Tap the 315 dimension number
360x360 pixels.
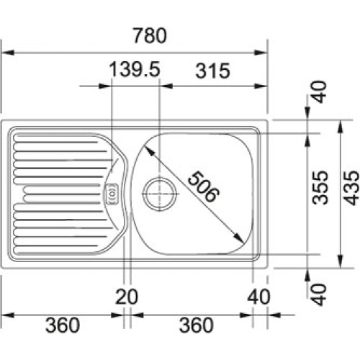point(211,70)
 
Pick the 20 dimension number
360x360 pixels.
point(127,295)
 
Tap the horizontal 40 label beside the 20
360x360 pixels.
point(257,295)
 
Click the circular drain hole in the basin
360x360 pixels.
point(158,193)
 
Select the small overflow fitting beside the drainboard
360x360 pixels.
point(112,193)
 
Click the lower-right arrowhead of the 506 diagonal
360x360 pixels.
point(240,239)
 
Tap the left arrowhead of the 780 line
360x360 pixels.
point(4,52)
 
